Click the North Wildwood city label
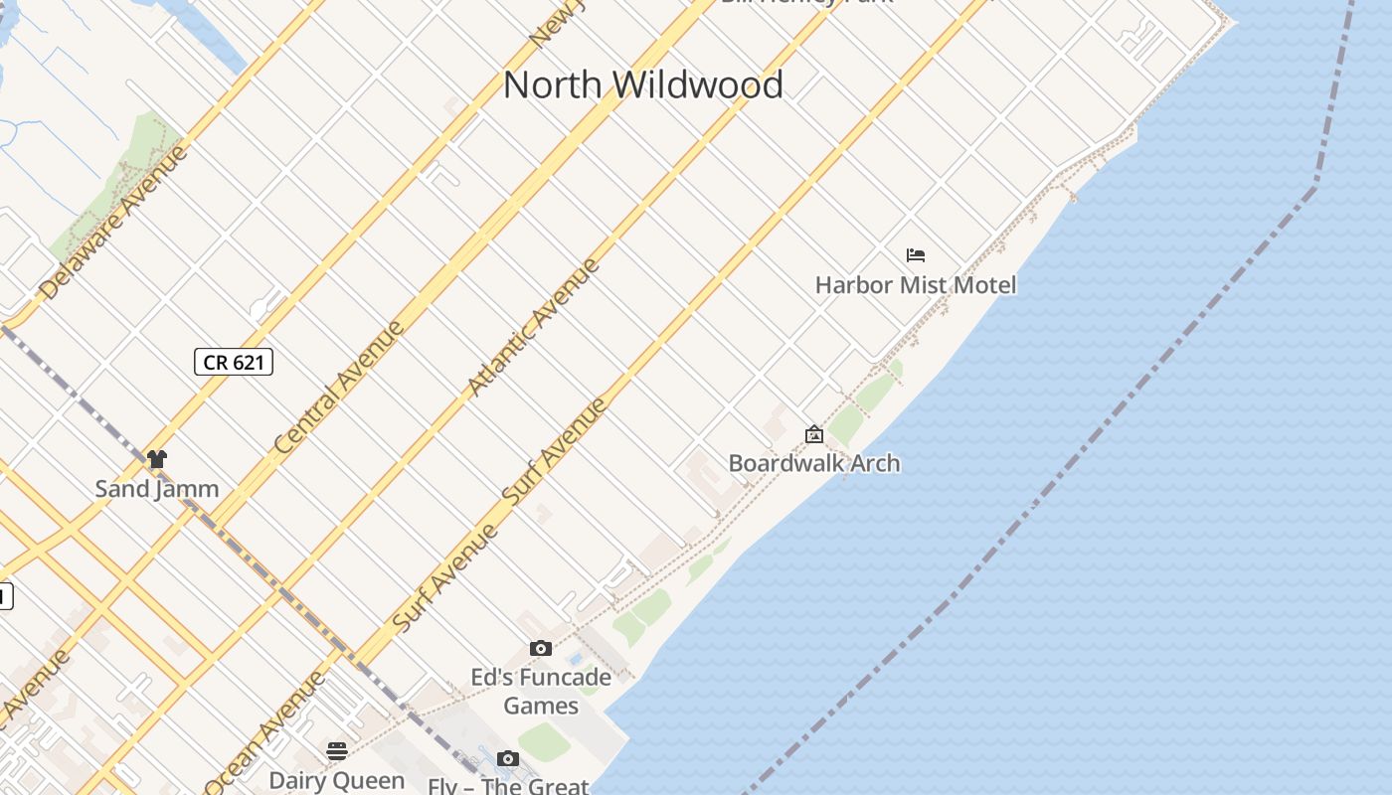click(x=642, y=84)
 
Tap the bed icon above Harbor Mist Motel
click(x=916, y=255)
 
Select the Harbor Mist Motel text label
click(x=916, y=285)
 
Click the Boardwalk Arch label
click(x=814, y=463)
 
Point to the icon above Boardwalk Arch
click(x=814, y=434)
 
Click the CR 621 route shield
click(x=234, y=362)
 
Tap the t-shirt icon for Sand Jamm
click(x=157, y=459)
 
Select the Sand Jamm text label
click(x=157, y=489)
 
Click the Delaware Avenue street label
click(x=113, y=223)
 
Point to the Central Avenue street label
click(x=340, y=387)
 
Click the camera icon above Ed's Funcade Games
click(x=541, y=649)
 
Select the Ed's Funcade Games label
click(x=540, y=692)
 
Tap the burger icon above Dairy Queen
click(x=337, y=750)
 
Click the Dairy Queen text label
click(x=337, y=781)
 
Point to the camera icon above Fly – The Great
click(x=508, y=759)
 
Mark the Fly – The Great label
click(x=508, y=786)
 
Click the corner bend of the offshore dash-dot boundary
click(x=1314, y=186)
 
